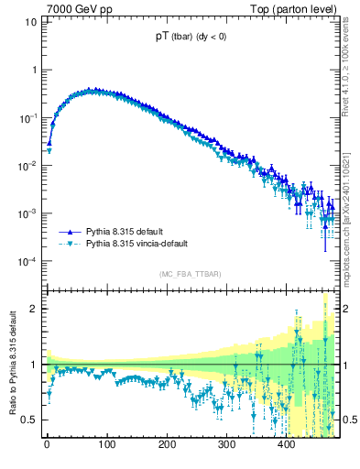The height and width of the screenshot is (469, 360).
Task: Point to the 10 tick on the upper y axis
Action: click(30, 21)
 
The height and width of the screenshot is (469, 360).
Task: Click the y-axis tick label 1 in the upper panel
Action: click(33, 70)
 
